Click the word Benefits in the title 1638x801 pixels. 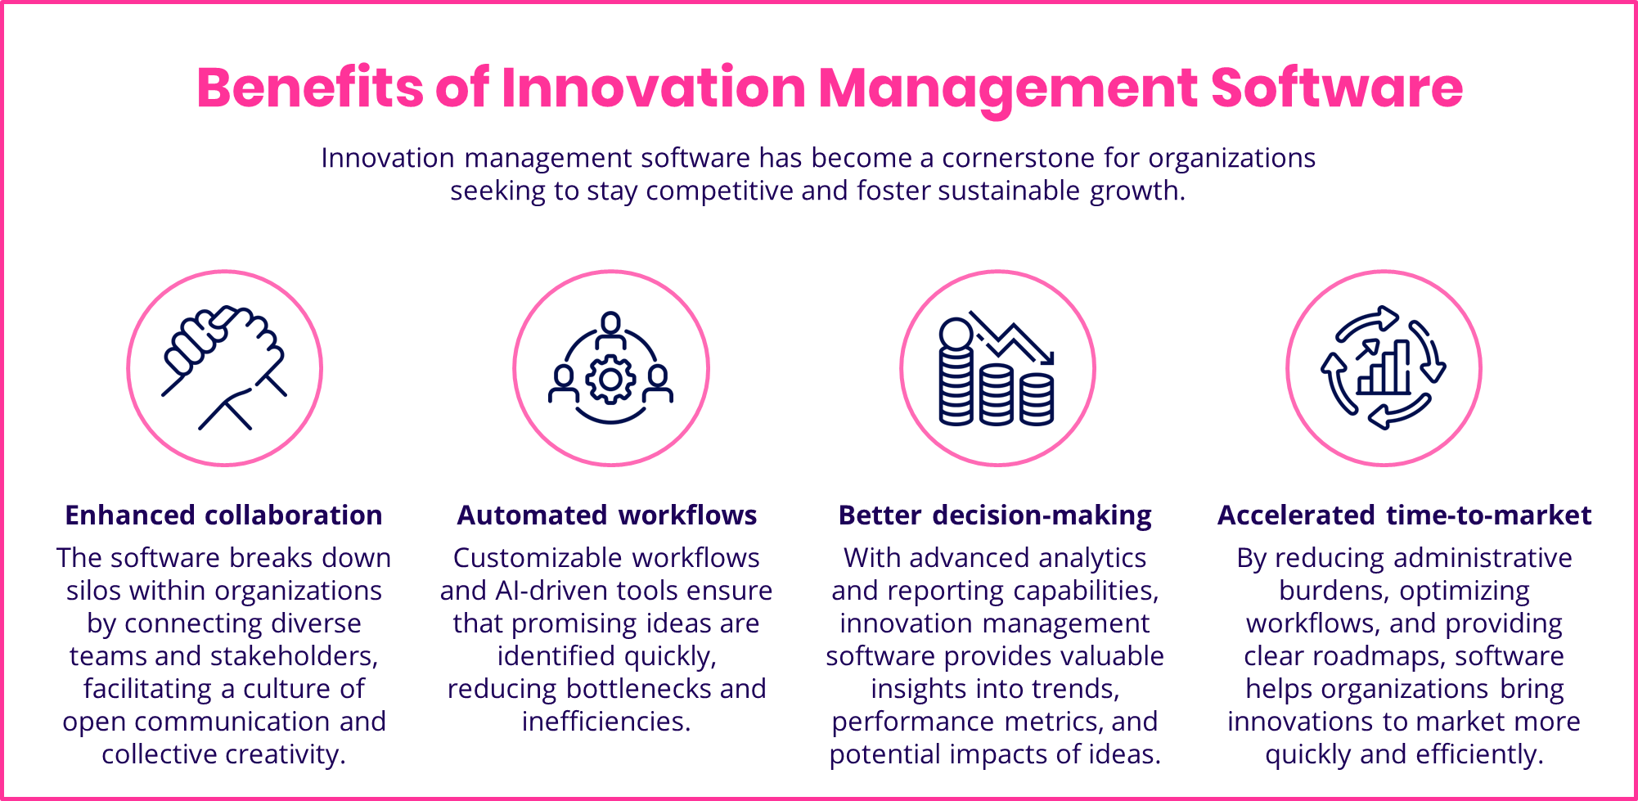[309, 88]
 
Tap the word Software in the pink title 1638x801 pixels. [1336, 88]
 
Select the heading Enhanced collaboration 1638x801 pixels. [223, 515]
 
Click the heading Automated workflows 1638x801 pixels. [606, 515]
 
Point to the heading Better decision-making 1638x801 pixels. [995, 515]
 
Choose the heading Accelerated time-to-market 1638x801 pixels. [1404, 515]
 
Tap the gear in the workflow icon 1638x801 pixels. [610, 379]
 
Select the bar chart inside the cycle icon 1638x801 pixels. [1385, 370]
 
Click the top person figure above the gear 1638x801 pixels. [610, 328]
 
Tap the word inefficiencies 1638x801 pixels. [606, 722]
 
